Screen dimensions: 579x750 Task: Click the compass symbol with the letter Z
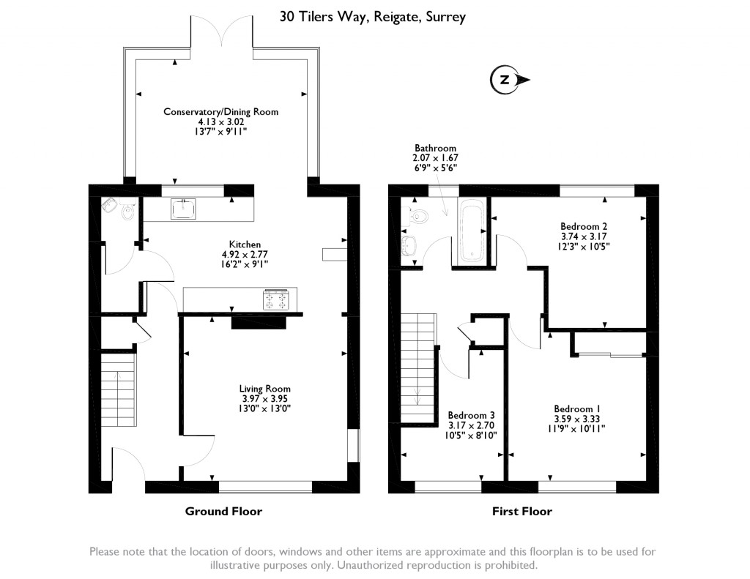(505, 80)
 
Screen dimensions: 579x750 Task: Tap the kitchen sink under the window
(183, 209)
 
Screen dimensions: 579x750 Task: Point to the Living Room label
(264, 389)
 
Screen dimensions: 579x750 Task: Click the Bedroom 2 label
(584, 227)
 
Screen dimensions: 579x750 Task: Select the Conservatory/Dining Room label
(220, 112)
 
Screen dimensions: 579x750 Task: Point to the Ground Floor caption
(223, 512)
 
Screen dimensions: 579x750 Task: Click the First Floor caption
(521, 512)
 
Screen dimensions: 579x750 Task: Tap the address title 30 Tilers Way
(372, 16)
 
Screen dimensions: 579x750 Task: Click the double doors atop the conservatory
(221, 34)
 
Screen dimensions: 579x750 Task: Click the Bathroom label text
(435, 148)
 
